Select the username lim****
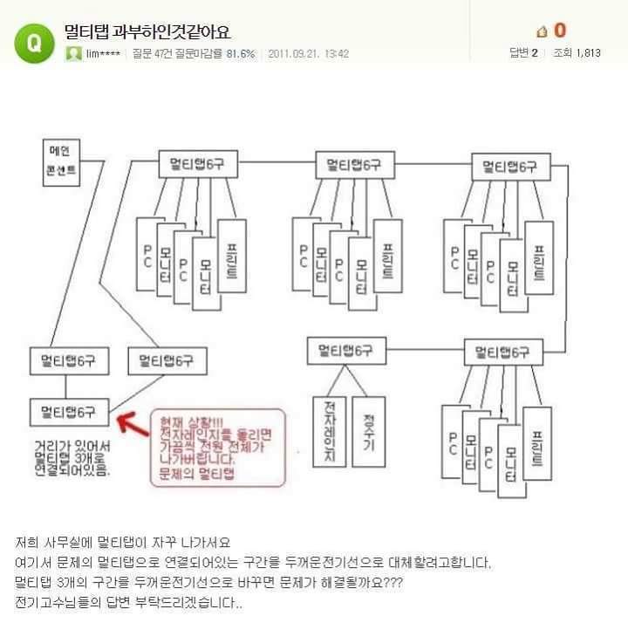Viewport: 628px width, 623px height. pos(103,53)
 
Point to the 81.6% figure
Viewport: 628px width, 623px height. pos(241,53)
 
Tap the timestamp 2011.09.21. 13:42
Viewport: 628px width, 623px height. pos(309,53)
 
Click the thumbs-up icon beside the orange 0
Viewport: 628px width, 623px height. pos(541,31)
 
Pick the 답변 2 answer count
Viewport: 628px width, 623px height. pos(523,53)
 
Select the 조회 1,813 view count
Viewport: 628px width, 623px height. pos(577,53)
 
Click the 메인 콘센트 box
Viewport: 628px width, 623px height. pos(61,162)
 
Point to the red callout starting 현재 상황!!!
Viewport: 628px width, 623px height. pos(218,447)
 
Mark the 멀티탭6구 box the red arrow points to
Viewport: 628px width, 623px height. pos(68,409)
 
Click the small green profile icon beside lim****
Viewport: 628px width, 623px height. pos(74,53)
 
